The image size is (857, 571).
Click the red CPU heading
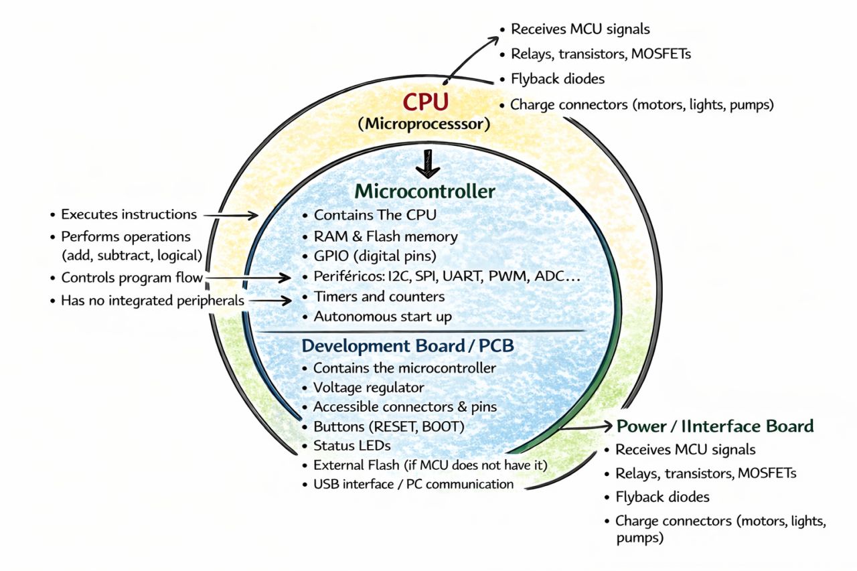425,103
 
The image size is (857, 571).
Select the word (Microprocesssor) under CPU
424,125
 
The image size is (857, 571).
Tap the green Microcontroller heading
425,192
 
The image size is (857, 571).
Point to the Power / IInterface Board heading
715,426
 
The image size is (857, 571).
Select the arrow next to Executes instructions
230,215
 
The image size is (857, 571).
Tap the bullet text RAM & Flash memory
386,236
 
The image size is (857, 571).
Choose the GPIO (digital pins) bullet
375,255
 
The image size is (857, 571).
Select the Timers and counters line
379,297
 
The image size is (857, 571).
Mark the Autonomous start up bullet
383,317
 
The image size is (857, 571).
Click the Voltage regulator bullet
368,388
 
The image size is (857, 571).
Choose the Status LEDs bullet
352,445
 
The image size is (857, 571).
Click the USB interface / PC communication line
413,484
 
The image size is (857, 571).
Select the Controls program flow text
132,278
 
